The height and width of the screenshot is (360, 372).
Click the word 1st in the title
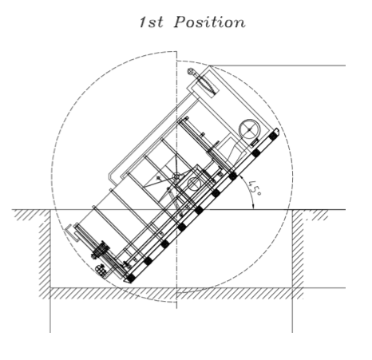(151, 22)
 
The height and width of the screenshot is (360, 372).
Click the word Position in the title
(210, 22)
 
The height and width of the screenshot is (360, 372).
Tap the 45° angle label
(255, 188)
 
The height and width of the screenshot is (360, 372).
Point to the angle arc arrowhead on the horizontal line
(253, 206)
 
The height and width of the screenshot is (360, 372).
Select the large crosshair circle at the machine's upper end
(249, 129)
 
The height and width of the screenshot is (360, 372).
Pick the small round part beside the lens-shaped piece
(191, 71)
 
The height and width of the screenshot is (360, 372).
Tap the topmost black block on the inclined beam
(272, 136)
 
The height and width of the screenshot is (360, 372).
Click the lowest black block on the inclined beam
(130, 278)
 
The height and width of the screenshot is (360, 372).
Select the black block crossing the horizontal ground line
(199, 210)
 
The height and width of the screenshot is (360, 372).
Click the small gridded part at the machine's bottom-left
(101, 271)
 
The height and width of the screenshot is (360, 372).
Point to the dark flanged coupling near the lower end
(101, 250)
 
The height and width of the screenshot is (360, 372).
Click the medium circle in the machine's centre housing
(194, 184)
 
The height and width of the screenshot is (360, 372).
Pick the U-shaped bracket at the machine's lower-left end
(71, 233)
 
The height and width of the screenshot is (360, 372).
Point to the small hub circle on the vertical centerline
(176, 176)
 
